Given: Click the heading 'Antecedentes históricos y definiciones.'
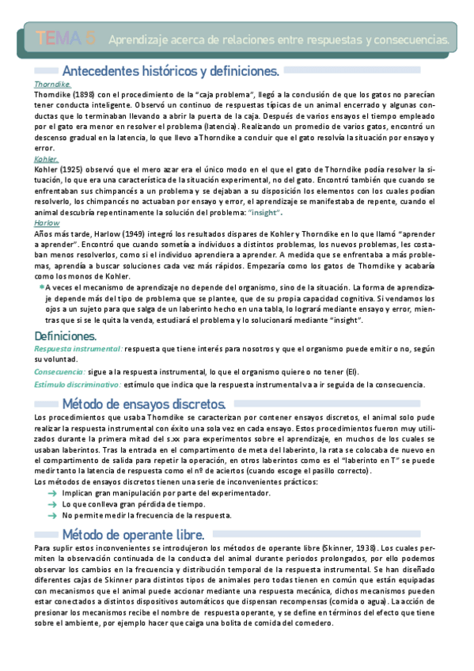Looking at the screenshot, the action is click(x=170, y=71).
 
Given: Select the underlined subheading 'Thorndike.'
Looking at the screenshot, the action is click(x=53, y=84).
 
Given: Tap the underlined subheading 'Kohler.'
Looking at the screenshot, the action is click(x=47, y=159).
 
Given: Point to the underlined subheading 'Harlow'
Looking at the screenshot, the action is click(x=46, y=223).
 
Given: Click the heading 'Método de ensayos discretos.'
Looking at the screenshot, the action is click(x=144, y=404).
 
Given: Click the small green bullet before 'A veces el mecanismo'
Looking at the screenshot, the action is click(x=42, y=286).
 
